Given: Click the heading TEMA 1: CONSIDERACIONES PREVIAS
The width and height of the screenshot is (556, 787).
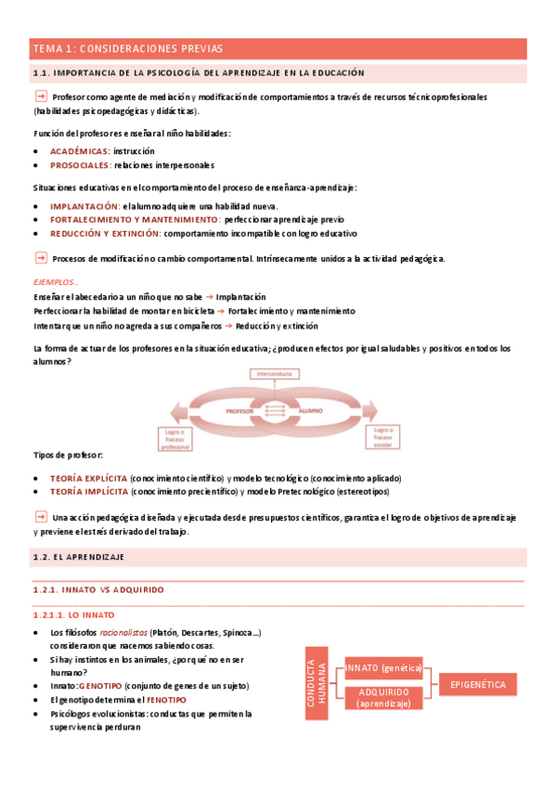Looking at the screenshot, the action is pyautogui.click(x=127, y=48).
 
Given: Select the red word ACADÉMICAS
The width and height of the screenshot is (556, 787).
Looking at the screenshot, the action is pyautogui.click(x=79, y=150).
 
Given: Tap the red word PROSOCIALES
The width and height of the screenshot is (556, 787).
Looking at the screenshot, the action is pyautogui.click(x=80, y=165).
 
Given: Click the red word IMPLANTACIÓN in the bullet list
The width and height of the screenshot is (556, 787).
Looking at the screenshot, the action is pyautogui.click(x=84, y=206).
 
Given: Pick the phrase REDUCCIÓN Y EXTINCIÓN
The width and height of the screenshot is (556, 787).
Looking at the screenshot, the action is pyautogui.click(x=105, y=234).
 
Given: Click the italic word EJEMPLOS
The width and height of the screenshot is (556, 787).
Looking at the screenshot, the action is pyautogui.click(x=56, y=282).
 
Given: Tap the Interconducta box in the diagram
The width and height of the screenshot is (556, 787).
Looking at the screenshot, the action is pyautogui.click(x=275, y=374).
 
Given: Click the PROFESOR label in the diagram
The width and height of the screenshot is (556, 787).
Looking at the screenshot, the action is pyautogui.click(x=240, y=408).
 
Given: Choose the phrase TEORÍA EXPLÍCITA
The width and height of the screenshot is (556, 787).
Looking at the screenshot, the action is pyautogui.click(x=88, y=477).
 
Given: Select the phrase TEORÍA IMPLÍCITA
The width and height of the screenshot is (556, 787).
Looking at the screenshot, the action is pyautogui.click(x=88, y=491).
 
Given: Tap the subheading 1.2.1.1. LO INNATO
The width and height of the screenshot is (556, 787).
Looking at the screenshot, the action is pyautogui.click(x=73, y=614).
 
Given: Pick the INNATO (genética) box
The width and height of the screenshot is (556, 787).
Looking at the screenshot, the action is pyautogui.click(x=383, y=668).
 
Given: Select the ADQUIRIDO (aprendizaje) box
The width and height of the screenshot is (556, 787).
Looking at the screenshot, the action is pyautogui.click(x=383, y=697).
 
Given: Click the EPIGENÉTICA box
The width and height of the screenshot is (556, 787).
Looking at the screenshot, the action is pyautogui.click(x=477, y=684).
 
